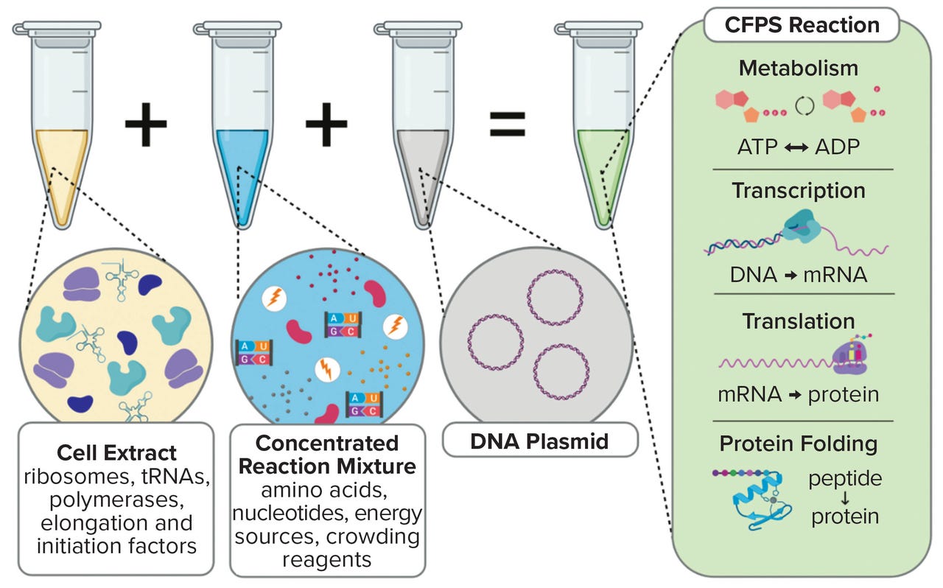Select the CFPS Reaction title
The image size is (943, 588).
pos(802,24)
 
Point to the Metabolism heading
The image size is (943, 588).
pos(799,68)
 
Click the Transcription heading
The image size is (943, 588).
pos(799,190)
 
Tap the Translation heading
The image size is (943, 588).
pos(799,321)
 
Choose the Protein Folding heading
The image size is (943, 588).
pos(799,444)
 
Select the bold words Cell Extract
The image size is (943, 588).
pos(116,452)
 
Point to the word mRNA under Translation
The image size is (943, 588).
pos(750,394)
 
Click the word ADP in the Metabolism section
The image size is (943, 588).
pos(838,147)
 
